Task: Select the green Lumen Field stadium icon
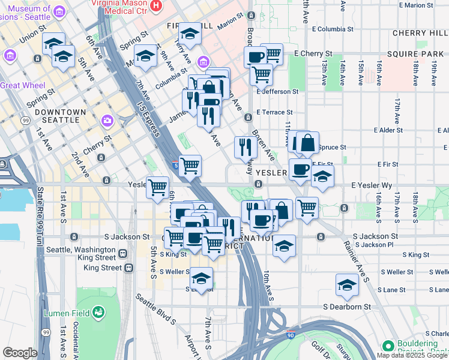(x=98, y=313)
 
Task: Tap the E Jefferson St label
(x=277, y=92)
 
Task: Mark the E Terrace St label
(x=274, y=112)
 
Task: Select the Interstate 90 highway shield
(x=291, y=334)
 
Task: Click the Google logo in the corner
(x=20, y=352)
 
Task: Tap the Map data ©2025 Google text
(x=412, y=355)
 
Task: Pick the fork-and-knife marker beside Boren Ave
(x=245, y=146)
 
